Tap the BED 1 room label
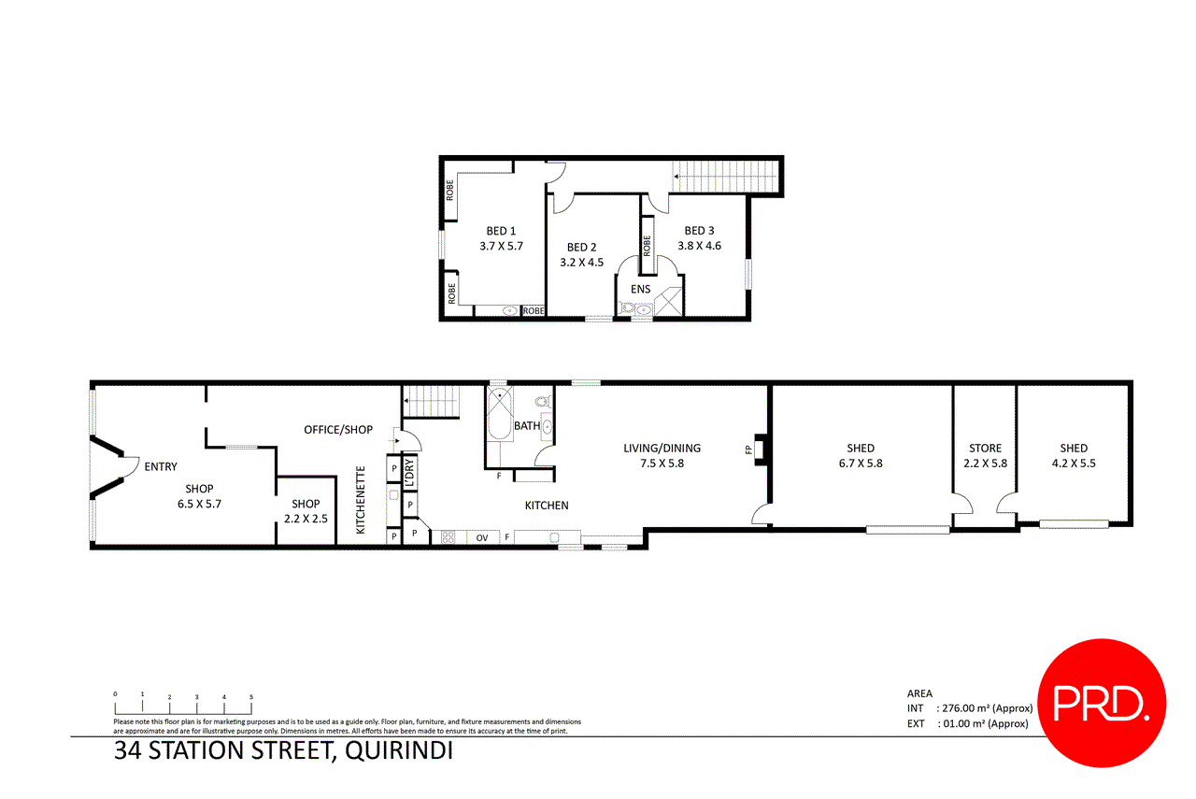point(501,231)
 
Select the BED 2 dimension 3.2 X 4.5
point(581,263)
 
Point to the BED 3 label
point(699,231)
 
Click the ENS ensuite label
point(640,289)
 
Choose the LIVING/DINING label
point(662,448)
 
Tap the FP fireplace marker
point(748,449)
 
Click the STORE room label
point(985,448)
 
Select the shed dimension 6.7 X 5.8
point(860,464)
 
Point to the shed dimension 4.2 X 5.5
point(1074,464)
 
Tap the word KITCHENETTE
point(360,500)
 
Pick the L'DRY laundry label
point(409,472)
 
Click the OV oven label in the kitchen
point(482,537)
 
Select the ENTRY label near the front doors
point(161,466)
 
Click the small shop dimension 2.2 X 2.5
point(306,518)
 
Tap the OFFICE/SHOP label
point(338,430)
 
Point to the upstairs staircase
point(725,174)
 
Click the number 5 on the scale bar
point(251,696)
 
